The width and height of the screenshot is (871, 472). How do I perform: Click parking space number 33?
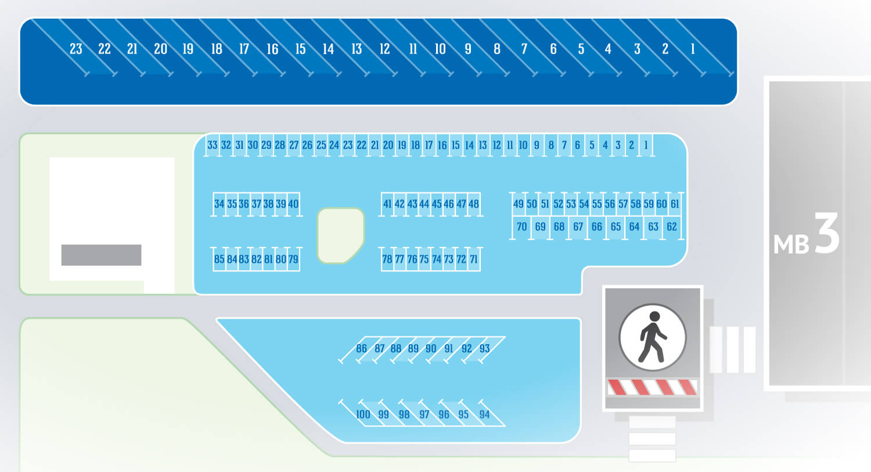click(213, 145)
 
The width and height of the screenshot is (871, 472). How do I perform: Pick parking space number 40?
click(293, 204)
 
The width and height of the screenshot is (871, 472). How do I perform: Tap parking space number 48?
click(474, 204)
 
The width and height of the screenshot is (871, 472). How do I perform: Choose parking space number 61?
click(675, 204)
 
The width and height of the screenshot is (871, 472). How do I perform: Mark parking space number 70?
click(522, 227)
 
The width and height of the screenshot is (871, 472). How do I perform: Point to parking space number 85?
click(219, 259)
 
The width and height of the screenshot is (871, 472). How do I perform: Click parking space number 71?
click(474, 259)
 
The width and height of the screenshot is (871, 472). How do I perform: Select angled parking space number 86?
click(361, 349)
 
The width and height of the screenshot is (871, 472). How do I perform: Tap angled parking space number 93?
click(484, 349)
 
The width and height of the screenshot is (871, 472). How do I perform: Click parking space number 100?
click(363, 414)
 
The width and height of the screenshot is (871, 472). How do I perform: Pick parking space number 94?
click(484, 414)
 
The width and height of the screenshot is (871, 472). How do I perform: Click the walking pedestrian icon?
click(653, 337)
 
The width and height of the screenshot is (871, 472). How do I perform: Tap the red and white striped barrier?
click(653, 388)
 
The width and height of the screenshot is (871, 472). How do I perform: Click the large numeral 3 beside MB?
click(827, 233)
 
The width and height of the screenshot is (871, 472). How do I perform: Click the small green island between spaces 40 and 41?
click(341, 235)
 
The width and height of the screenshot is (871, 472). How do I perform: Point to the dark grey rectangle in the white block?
click(101, 255)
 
